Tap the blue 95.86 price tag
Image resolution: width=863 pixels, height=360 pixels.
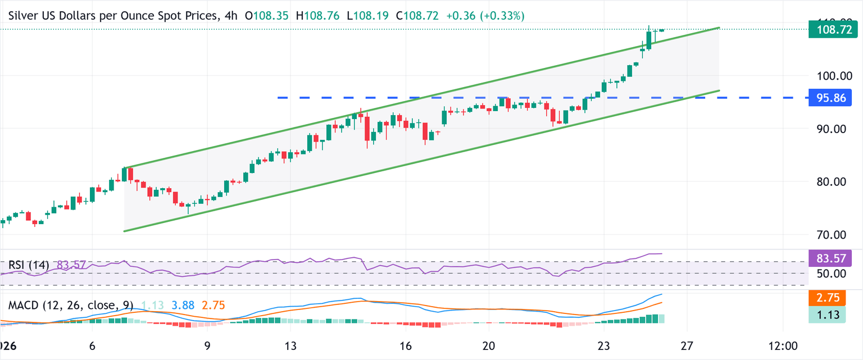pyautogui.click(x=829, y=98)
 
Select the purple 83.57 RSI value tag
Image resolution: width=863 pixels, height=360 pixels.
pyautogui.click(x=829, y=259)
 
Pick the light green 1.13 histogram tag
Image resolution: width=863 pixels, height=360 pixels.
pyautogui.click(x=829, y=315)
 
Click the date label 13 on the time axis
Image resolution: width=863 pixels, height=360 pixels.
pyautogui.click(x=290, y=345)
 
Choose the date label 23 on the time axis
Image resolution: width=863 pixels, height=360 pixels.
pyautogui.click(x=604, y=345)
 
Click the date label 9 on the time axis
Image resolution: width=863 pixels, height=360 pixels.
pyautogui.click(x=207, y=345)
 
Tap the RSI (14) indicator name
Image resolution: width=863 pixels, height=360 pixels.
pyautogui.click(x=28, y=265)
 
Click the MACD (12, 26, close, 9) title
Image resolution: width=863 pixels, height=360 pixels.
pyautogui.click(x=71, y=306)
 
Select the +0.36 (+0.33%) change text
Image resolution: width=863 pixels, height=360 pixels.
pyautogui.click(x=485, y=16)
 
